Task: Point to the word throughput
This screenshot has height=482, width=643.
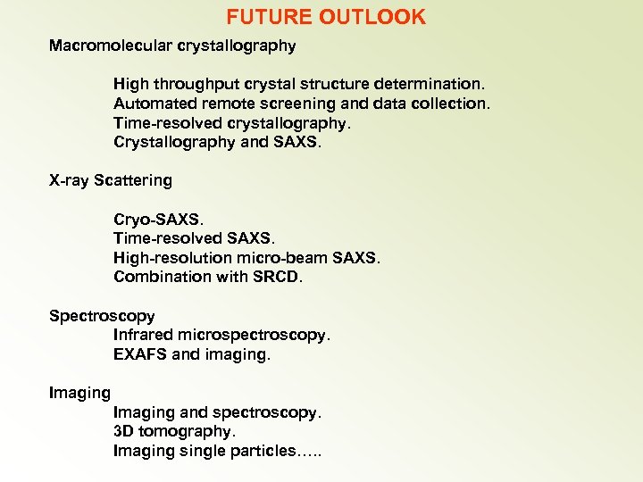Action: click(198, 84)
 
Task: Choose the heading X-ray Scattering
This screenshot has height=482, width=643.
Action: click(111, 180)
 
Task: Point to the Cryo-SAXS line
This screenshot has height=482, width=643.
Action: click(158, 219)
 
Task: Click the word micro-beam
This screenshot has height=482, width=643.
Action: click(282, 258)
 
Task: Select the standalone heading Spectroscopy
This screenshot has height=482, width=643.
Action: click(102, 316)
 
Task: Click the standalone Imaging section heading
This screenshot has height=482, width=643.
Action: click(80, 393)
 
